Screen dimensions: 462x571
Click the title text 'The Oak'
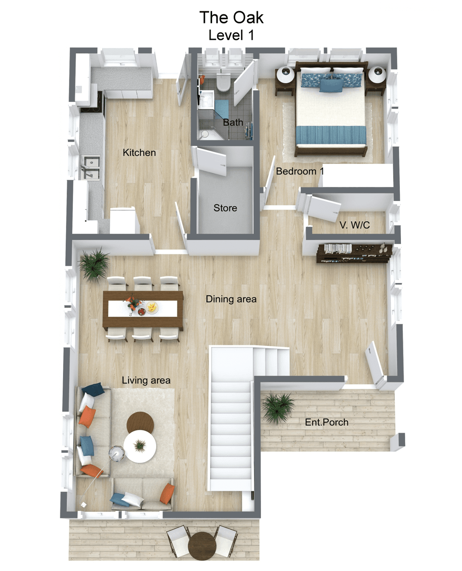coord(231,18)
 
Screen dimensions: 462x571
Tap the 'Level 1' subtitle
coord(231,35)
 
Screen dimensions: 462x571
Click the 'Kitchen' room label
coord(139,153)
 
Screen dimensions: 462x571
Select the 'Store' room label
coord(225,208)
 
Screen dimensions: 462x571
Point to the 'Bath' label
coord(233,123)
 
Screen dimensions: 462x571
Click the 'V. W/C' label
coord(354,225)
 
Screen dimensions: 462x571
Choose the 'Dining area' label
coord(231,299)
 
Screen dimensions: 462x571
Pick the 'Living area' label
coord(146,381)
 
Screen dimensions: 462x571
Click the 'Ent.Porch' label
coord(327,422)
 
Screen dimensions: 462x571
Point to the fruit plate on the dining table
coord(152,307)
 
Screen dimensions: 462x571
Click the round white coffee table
coord(140,446)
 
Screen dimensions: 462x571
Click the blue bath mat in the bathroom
coord(222,108)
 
